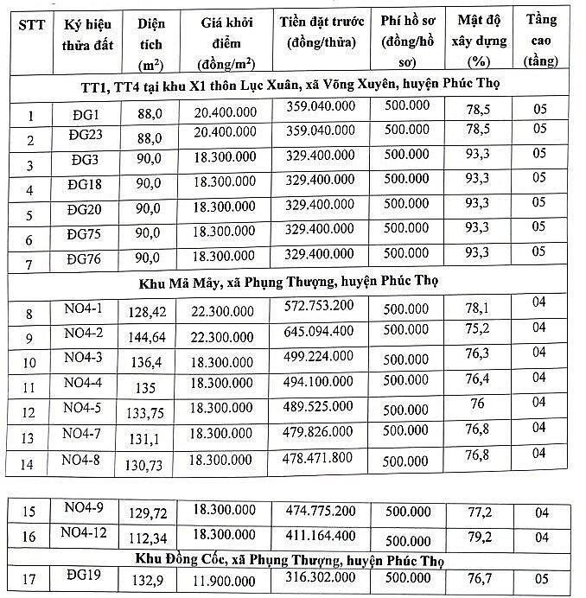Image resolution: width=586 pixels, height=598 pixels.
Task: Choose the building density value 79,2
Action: (478, 537)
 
